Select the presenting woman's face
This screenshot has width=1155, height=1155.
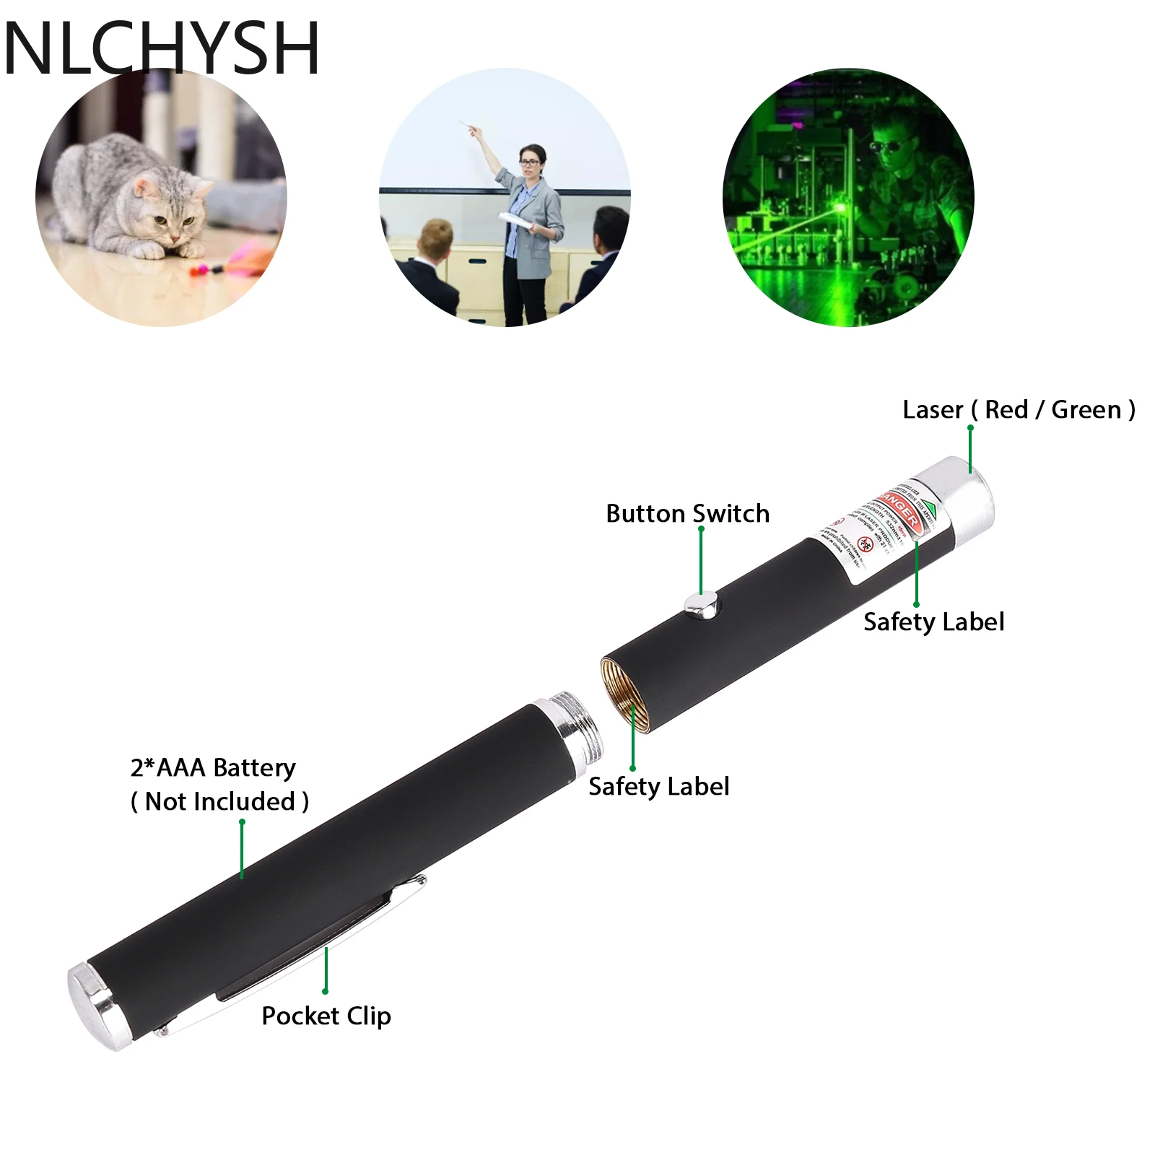click(x=531, y=160)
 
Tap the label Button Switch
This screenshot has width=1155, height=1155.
click(x=687, y=513)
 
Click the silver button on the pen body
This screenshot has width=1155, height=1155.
click(x=702, y=605)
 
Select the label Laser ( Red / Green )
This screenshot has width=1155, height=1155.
click(x=1019, y=409)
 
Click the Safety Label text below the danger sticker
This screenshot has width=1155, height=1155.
click(x=933, y=622)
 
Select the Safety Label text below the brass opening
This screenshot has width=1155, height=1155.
click(x=658, y=786)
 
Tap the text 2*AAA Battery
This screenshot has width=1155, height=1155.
click(x=213, y=767)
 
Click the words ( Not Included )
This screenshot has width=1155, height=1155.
click(x=219, y=801)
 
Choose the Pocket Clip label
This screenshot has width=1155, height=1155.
click(x=326, y=1016)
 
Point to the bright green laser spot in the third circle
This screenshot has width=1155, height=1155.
click(x=842, y=209)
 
